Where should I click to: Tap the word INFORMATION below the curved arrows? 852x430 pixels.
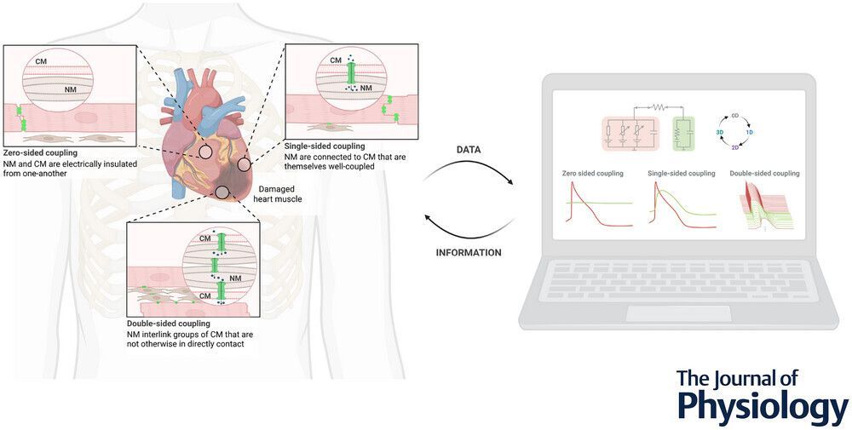pyautogui.click(x=468, y=253)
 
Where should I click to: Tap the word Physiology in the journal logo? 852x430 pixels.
pyautogui.click(x=762, y=407)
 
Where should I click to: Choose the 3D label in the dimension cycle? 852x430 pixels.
pyautogui.click(x=720, y=131)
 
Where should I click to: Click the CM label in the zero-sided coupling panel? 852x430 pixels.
pyautogui.click(x=41, y=61)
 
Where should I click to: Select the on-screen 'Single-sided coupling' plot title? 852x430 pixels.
pyautogui.click(x=682, y=174)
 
